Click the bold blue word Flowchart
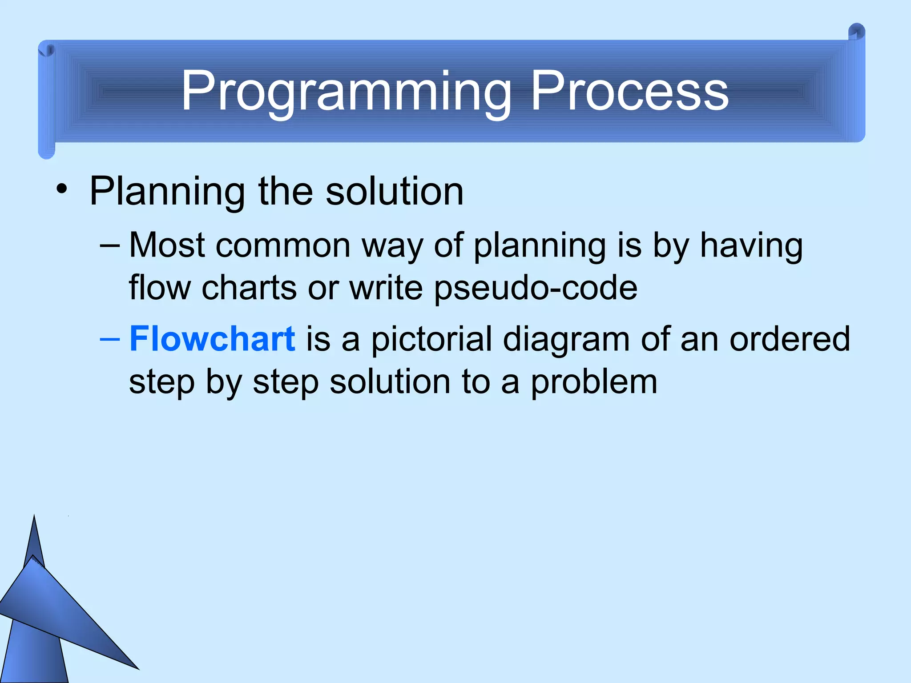[x=212, y=339]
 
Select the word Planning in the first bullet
[x=167, y=192]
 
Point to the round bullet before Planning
[x=62, y=190]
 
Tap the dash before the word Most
[x=110, y=245]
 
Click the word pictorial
[x=431, y=339]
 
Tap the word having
[x=751, y=246]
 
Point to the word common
[x=283, y=246]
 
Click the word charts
[x=249, y=288]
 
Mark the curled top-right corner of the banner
[x=856, y=34]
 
